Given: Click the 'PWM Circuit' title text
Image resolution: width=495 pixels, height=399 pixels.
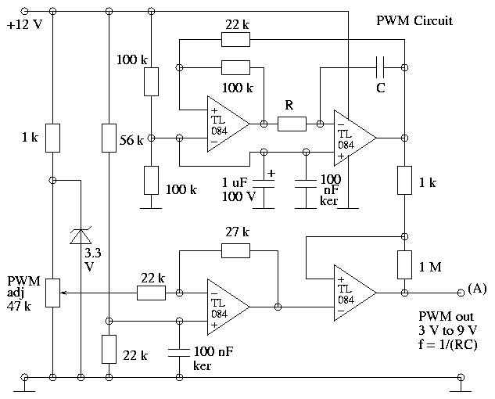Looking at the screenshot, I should [x=414, y=21].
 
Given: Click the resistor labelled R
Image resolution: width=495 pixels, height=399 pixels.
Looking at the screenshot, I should [x=292, y=124].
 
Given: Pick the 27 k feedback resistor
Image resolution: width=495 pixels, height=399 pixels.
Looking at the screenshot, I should [x=235, y=250].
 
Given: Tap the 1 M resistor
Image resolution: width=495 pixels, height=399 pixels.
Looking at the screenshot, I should [x=405, y=264].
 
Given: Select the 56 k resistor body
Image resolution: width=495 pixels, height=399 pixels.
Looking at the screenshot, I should [x=109, y=138].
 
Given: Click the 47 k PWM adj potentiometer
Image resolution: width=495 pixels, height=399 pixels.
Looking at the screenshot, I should [x=52, y=293].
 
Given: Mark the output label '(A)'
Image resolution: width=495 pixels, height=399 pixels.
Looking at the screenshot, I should [x=477, y=289].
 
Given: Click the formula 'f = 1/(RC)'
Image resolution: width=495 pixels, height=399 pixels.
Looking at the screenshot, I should [x=448, y=344].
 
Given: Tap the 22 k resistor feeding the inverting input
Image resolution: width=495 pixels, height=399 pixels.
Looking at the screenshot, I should [x=151, y=293].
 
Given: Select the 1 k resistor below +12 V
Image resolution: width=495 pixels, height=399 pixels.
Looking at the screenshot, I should [x=52, y=138].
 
